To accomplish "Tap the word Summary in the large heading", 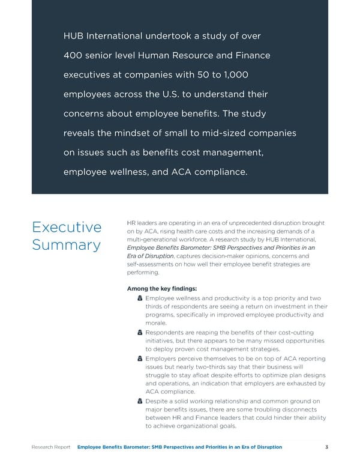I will click(67, 246).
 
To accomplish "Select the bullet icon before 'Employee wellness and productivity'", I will click(140, 298).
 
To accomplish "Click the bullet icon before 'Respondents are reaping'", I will click(140, 333).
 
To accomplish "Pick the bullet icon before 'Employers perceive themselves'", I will click(140, 359).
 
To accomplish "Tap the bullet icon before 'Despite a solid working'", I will click(140, 401).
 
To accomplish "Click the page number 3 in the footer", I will click(326, 447).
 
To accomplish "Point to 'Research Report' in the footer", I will click(51, 447).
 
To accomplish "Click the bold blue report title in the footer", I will click(180, 447).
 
